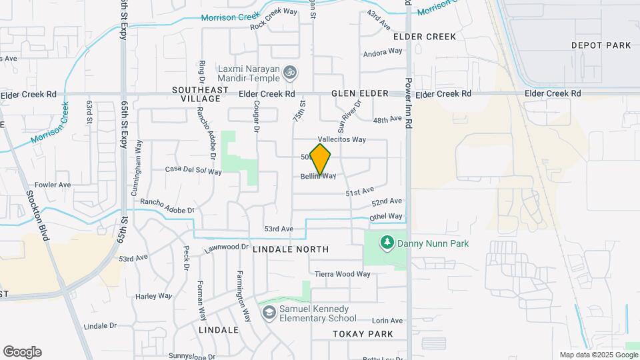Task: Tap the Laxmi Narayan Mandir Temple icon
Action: pyautogui.click(x=289, y=71)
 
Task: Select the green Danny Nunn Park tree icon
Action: pyautogui.click(x=386, y=243)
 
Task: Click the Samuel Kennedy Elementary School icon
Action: pyautogui.click(x=268, y=313)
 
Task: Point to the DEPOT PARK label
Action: pyautogui.click(x=601, y=45)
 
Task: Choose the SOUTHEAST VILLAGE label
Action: pyautogui.click(x=196, y=94)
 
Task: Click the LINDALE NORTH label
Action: pyautogui.click(x=291, y=249)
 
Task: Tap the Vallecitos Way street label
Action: pyautogui.click(x=342, y=140)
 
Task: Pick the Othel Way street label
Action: pyautogui.click(x=386, y=217)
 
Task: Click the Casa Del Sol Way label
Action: pyautogui.click(x=193, y=171)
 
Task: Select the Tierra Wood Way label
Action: pyautogui.click(x=342, y=274)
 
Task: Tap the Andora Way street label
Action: pyautogui.click(x=383, y=51)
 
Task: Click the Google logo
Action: pyautogui.click(x=22, y=352)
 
